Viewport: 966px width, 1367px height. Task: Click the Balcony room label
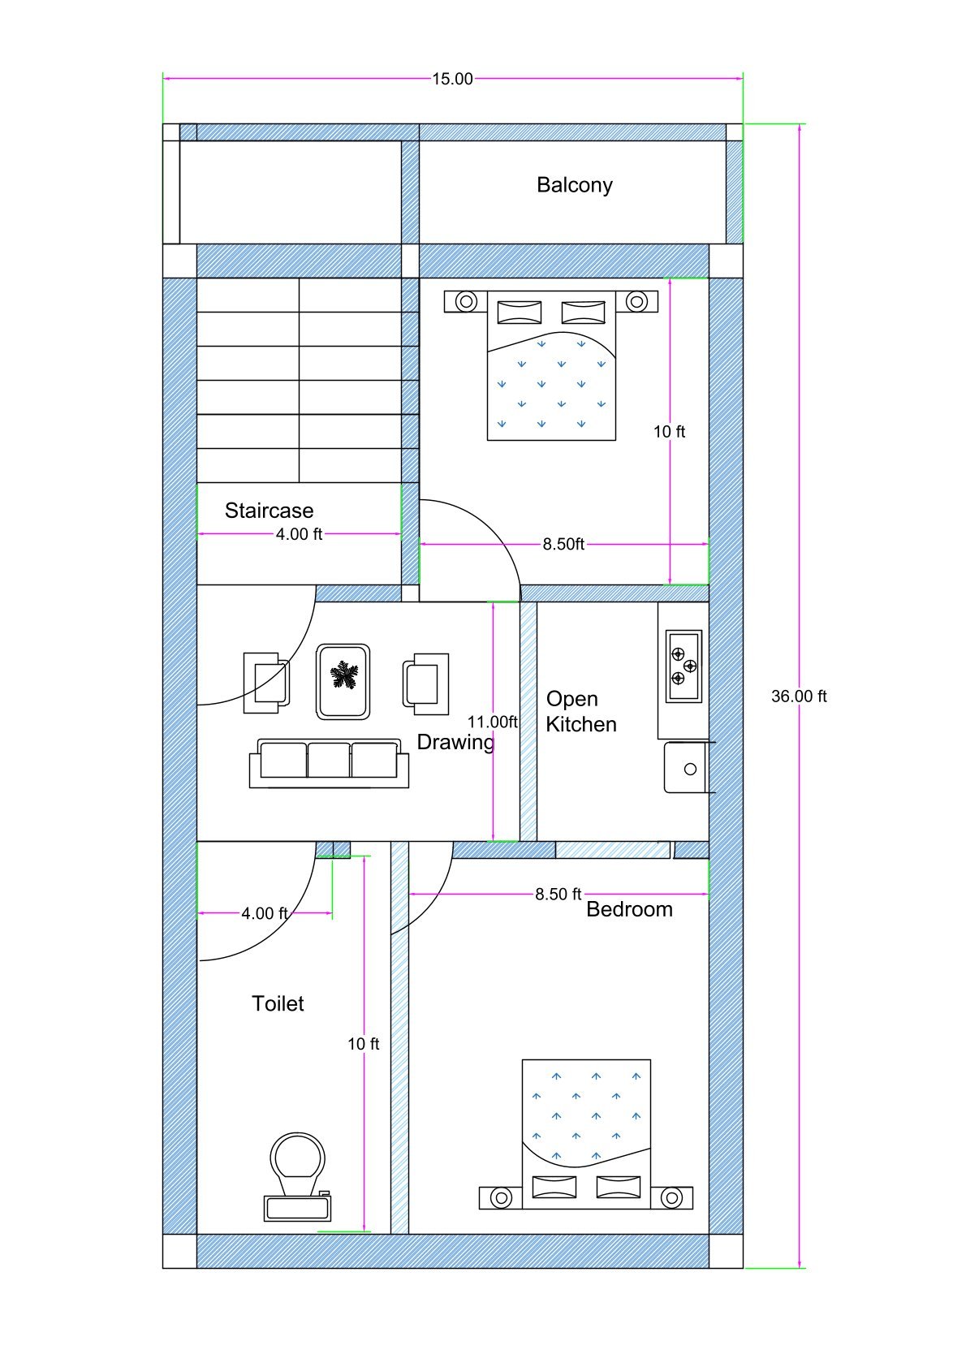click(574, 185)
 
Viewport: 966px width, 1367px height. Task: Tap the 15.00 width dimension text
click(452, 80)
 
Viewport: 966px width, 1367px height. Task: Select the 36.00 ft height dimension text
click(799, 696)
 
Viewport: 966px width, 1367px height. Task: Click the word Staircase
click(270, 510)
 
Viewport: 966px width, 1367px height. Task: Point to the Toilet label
click(278, 1003)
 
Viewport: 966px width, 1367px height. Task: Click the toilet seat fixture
click(297, 1176)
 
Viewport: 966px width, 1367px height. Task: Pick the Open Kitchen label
click(581, 712)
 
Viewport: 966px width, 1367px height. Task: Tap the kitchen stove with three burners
click(684, 666)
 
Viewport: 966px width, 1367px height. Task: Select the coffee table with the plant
click(343, 682)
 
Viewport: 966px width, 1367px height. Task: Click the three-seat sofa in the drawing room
click(329, 763)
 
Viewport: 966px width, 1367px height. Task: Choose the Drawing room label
click(455, 743)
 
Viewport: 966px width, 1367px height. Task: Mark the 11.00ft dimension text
click(493, 722)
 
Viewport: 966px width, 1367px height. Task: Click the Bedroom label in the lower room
click(629, 909)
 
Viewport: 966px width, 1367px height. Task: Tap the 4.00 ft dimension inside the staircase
click(299, 535)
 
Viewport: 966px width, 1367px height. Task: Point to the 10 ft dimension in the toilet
click(364, 1044)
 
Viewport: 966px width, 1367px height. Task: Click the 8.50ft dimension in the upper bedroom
click(564, 544)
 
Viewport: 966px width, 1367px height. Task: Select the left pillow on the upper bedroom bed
click(520, 312)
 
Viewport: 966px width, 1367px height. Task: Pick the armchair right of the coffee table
click(426, 684)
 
